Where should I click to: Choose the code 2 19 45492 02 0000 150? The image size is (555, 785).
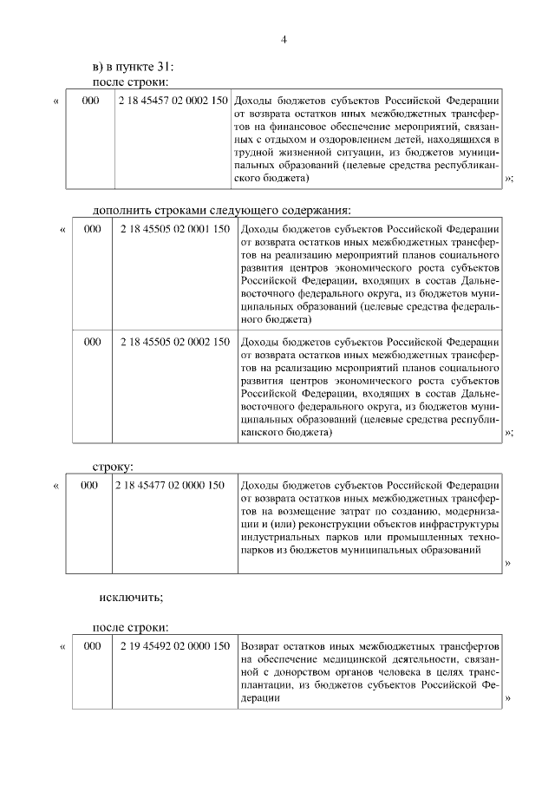(x=175, y=646)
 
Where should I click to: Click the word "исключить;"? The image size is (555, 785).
(x=131, y=597)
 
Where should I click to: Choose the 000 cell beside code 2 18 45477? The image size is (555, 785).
(x=89, y=486)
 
